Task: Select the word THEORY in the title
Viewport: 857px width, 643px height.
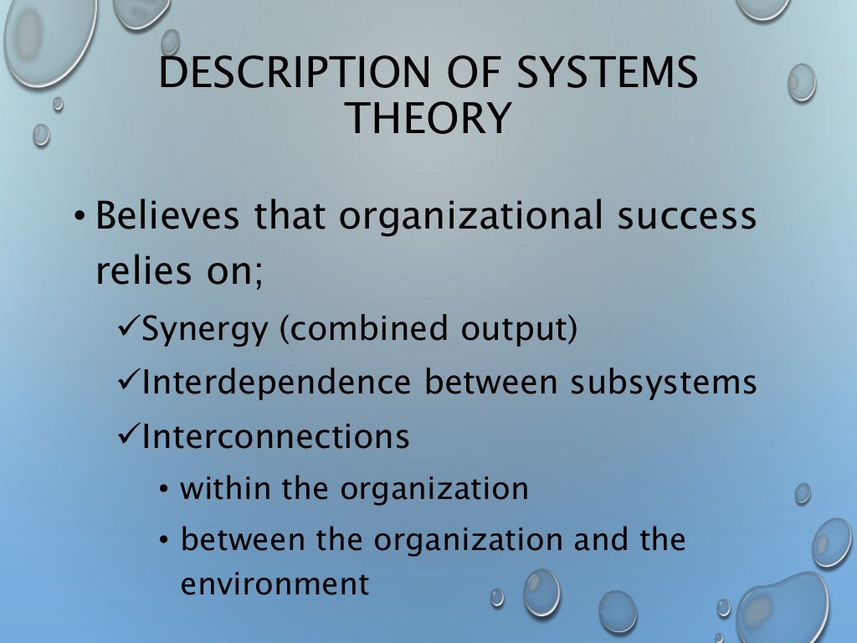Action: tap(428, 118)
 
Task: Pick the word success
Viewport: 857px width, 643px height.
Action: tap(685, 216)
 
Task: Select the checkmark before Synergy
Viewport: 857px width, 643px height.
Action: tap(127, 329)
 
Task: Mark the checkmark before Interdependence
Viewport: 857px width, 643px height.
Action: tap(127, 383)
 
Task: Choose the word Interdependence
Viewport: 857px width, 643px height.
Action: tap(276, 383)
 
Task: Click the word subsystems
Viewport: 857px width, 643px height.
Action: tap(664, 383)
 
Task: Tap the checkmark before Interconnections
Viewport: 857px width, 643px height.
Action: tap(127, 435)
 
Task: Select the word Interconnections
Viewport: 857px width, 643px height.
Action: tap(276, 435)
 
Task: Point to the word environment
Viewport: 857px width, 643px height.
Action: tap(275, 584)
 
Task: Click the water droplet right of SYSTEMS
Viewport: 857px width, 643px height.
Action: tap(801, 83)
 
